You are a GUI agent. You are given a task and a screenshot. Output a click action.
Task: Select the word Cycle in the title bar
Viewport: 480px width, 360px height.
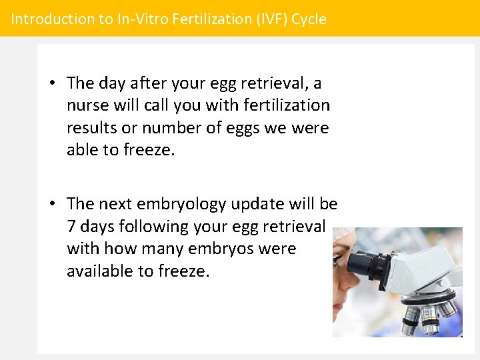coord(310,19)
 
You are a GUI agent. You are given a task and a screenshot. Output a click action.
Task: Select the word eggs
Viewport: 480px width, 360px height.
coord(235,127)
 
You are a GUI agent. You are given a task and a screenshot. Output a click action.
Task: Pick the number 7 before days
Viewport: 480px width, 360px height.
coord(71,227)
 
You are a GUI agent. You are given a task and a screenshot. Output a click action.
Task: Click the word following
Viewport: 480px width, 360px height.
coord(154,227)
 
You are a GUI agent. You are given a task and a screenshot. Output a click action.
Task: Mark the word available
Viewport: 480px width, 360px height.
coord(100,271)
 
